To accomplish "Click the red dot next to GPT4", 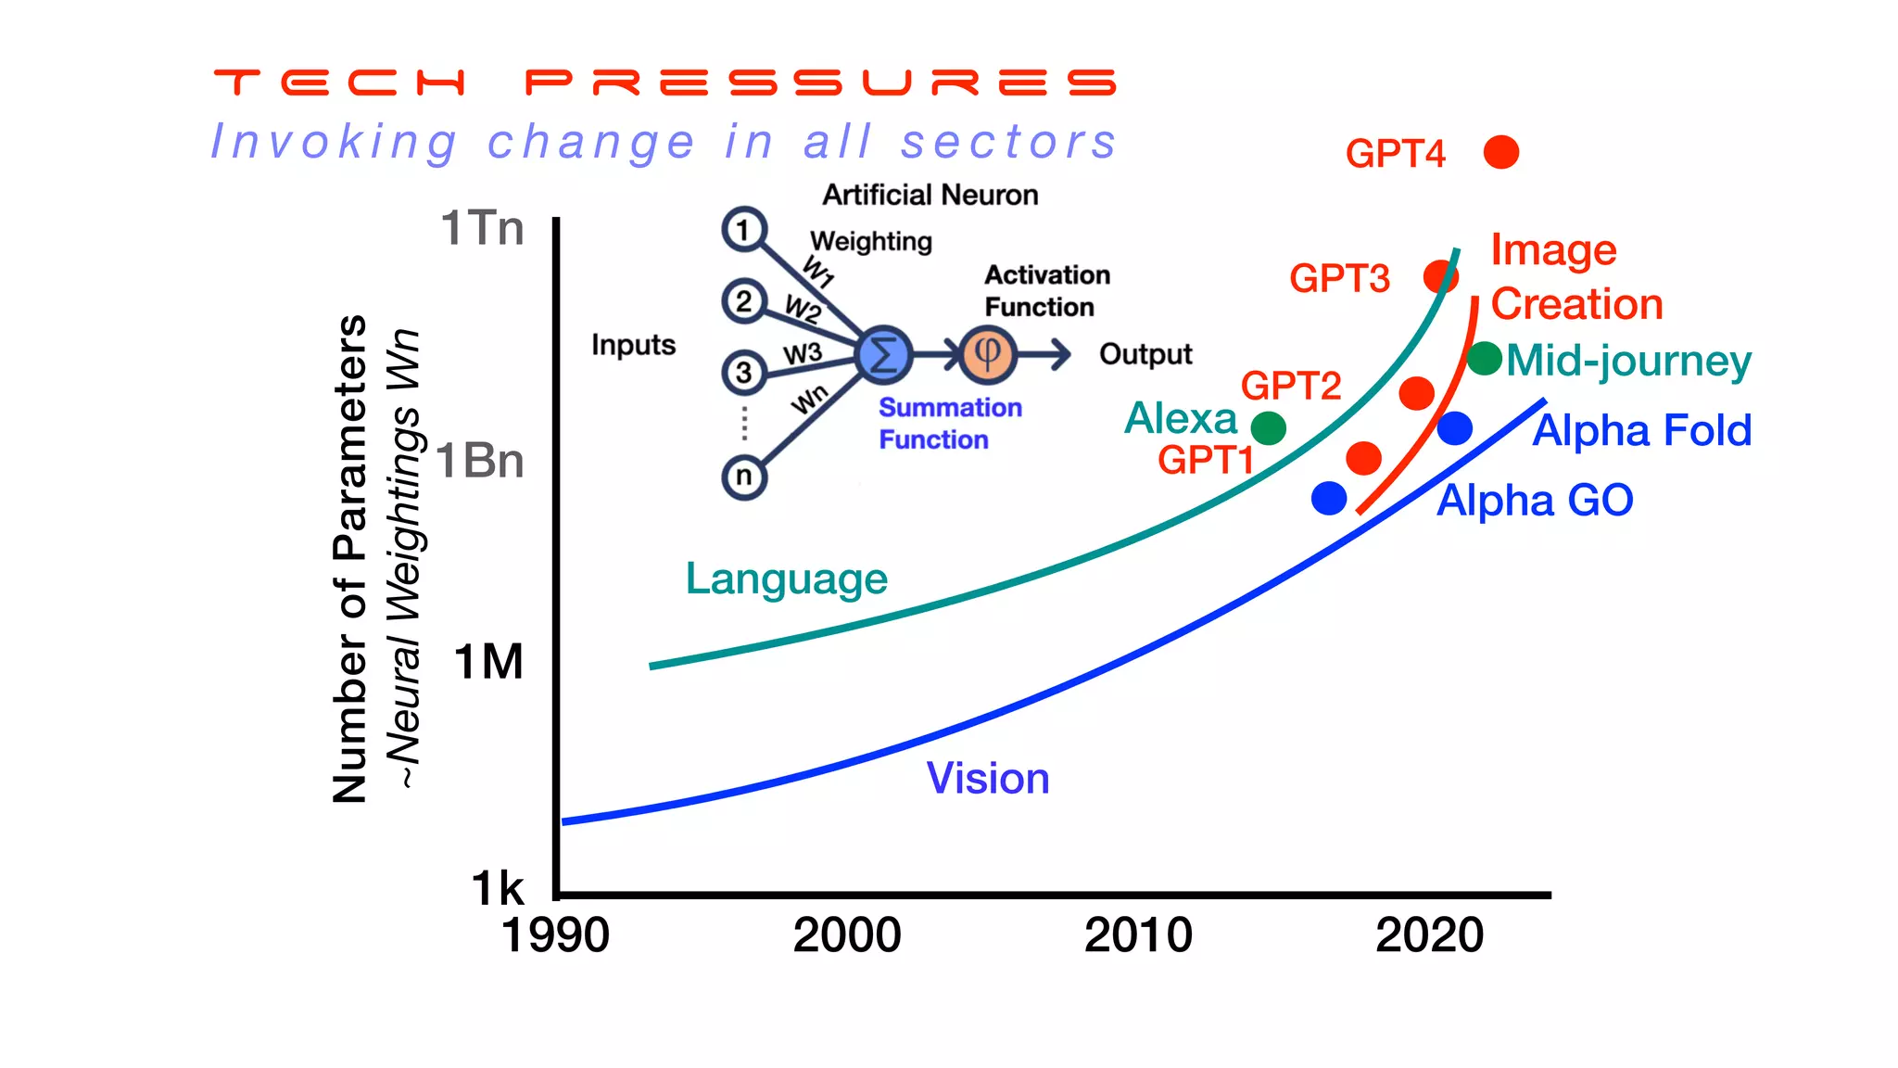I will tap(1500, 152).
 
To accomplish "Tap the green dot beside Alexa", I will tap(1268, 428).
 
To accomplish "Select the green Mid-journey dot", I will tap(1484, 358).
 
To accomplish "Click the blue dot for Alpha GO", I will tap(1329, 498).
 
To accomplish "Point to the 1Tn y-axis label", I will tap(482, 228).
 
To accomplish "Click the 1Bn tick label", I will tap(480, 461).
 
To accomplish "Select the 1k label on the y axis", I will tap(498, 888).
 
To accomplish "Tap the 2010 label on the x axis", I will tap(1138, 934).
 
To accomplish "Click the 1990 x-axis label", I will tap(555, 934).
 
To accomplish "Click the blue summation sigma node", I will tap(883, 354).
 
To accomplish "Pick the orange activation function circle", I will tap(988, 354).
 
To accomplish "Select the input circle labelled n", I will tap(743, 477).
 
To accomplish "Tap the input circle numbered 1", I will tap(743, 229).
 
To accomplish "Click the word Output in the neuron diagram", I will tap(1145, 354).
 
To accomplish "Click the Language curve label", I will tap(786, 578).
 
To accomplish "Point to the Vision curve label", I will tap(988, 778).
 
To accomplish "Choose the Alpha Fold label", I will tap(1641, 430).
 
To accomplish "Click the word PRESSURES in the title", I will tap(821, 83).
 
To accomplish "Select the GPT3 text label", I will tap(1339, 278).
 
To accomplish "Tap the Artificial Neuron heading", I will tap(930, 195).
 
